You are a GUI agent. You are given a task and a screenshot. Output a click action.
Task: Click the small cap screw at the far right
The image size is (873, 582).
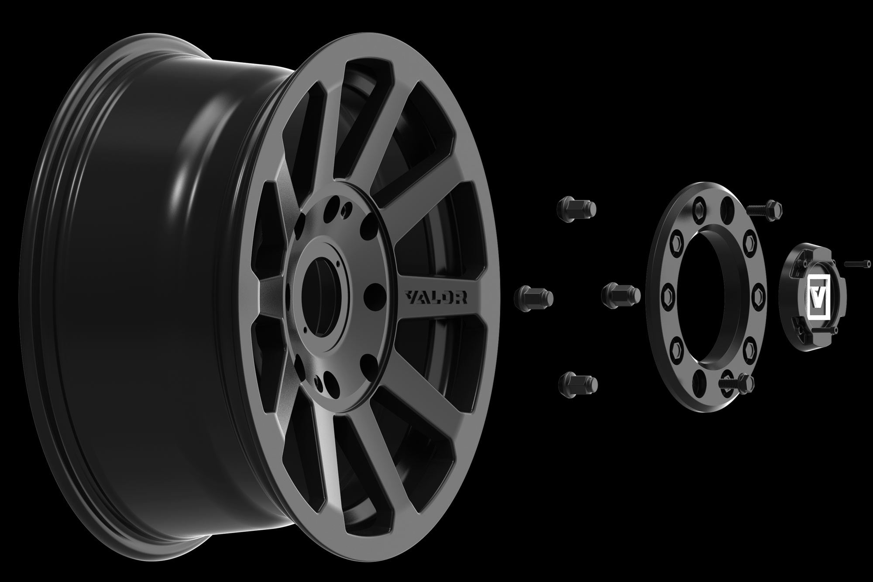[x=857, y=276]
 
